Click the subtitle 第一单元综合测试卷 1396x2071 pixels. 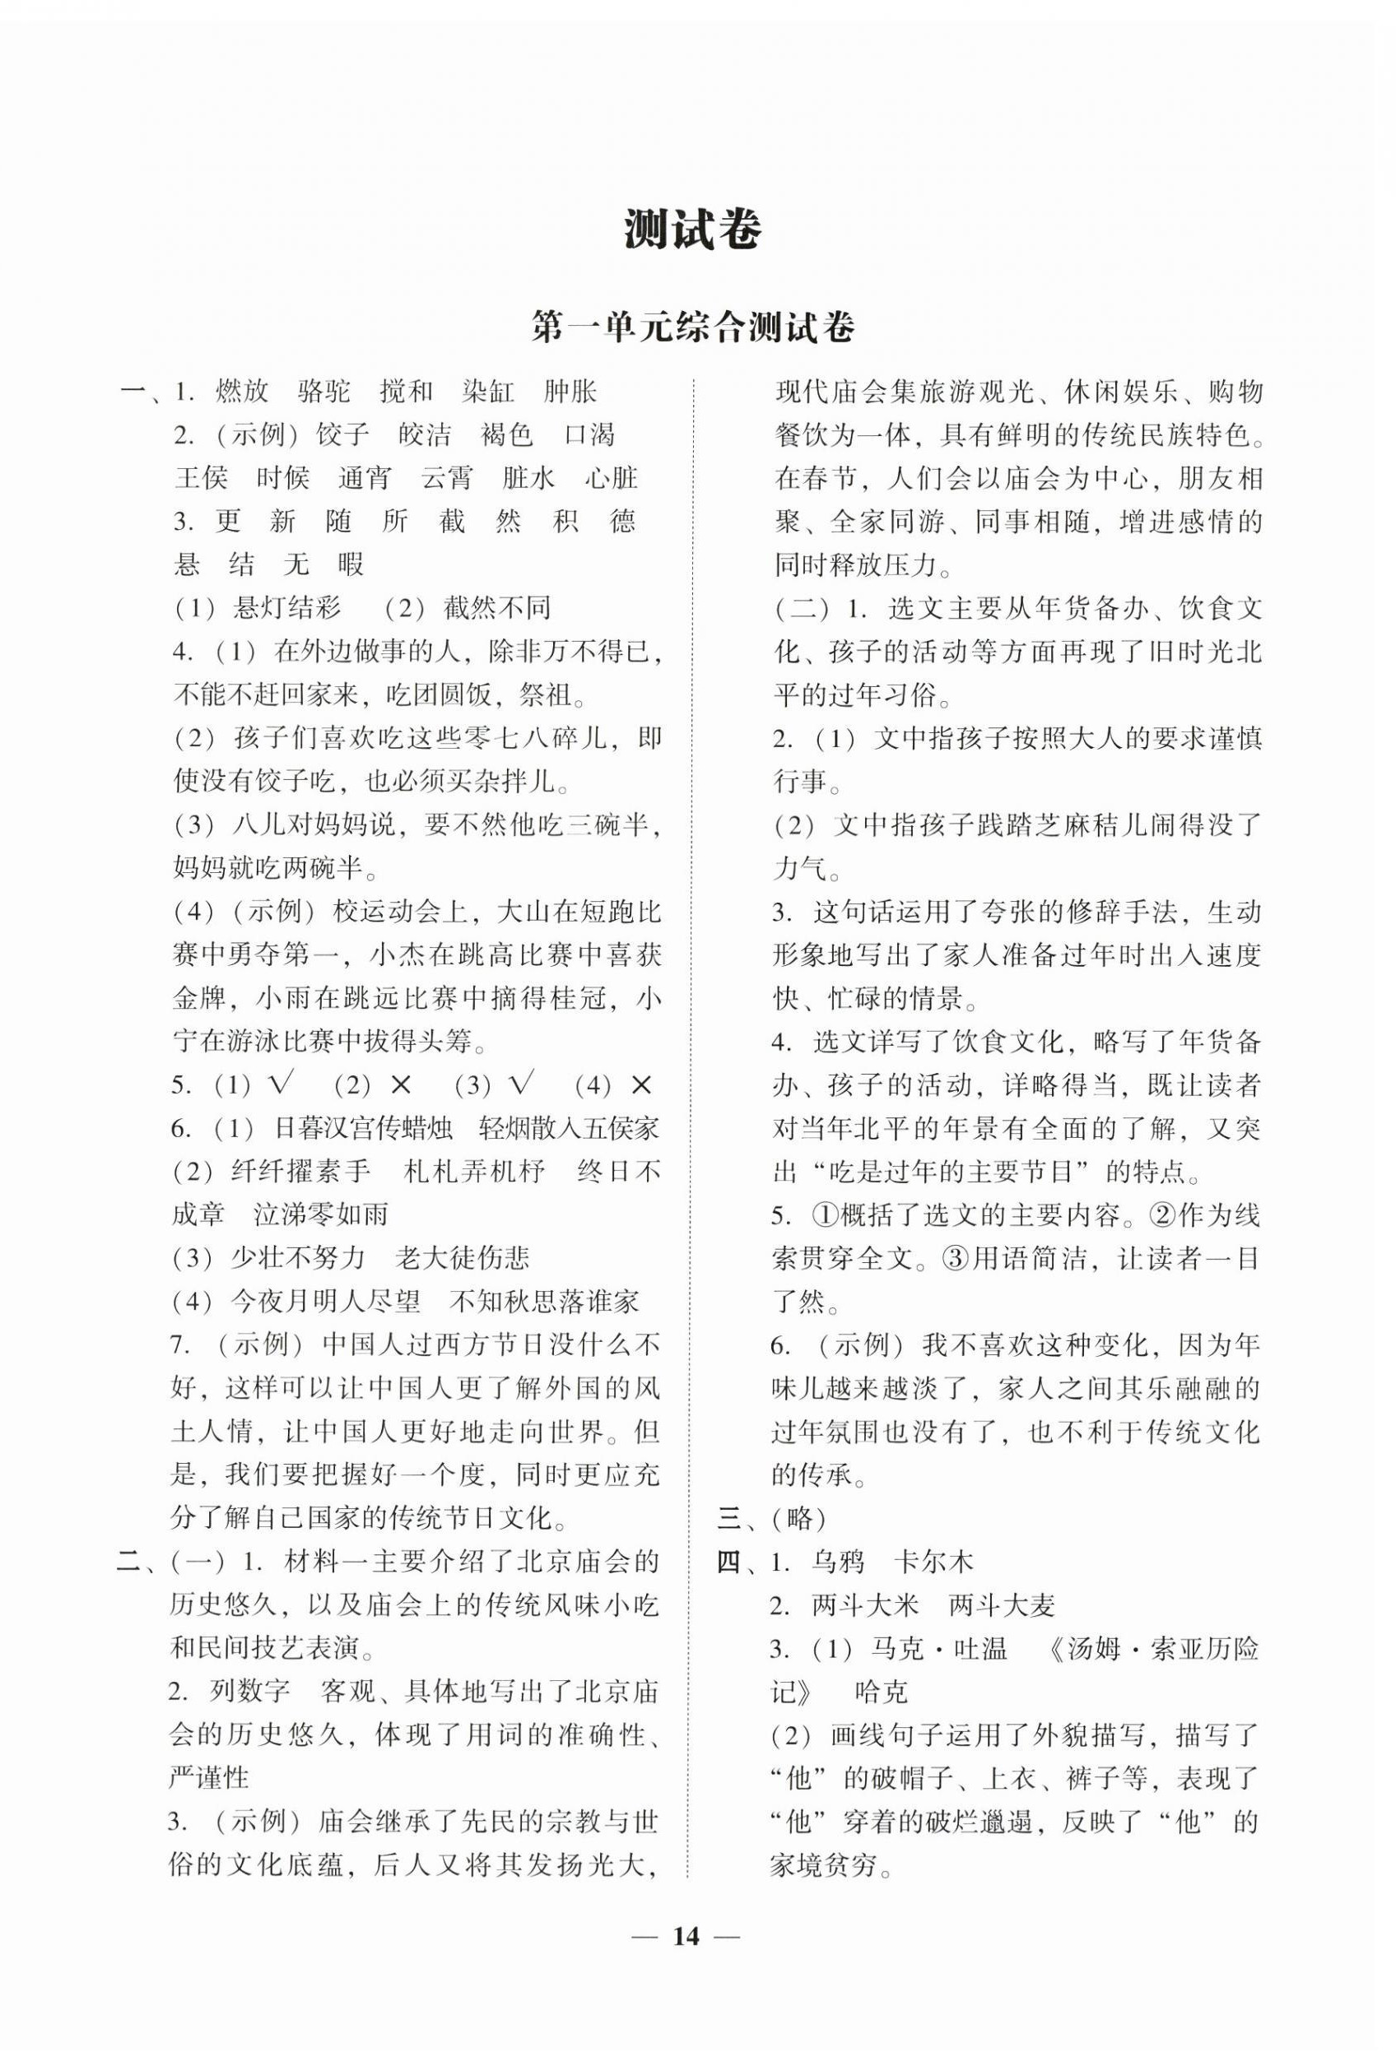693,327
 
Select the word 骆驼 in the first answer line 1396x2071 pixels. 325,391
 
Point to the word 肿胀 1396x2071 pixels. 570,391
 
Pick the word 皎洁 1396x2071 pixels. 425,434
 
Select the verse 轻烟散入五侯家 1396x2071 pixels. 569,1129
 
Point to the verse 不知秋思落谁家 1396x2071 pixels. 544,1301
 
